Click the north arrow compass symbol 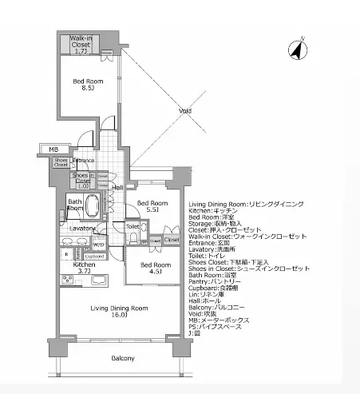click(296, 50)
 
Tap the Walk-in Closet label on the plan click(81, 43)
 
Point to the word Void click(184, 111)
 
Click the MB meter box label click(53, 149)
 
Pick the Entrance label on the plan click(84, 161)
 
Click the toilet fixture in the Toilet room click(134, 237)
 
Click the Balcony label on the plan click(122, 358)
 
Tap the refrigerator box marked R click(66, 254)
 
